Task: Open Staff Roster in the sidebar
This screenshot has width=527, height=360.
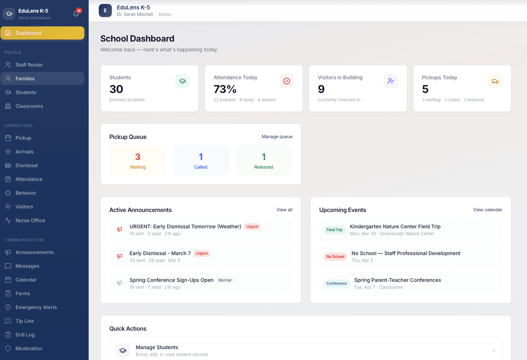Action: tap(29, 65)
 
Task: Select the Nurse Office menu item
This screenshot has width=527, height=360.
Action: tap(30, 220)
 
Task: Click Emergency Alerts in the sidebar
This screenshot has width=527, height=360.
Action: tap(36, 307)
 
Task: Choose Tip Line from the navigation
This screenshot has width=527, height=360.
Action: tap(24, 321)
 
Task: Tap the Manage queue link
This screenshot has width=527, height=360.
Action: tap(277, 137)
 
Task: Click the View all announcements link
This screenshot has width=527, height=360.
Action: tap(284, 210)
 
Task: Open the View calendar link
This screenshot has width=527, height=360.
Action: tap(487, 210)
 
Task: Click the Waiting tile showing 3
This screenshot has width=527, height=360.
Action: tap(138, 161)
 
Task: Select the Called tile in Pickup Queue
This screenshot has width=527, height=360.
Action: tap(201, 161)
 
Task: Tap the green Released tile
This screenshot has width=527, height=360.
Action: tap(263, 161)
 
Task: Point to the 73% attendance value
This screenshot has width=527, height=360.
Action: tap(225, 89)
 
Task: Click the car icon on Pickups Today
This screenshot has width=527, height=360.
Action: tap(495, 81)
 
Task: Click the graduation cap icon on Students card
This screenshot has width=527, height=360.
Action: tap(182, 81)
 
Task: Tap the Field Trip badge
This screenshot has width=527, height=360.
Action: tap(334, 230)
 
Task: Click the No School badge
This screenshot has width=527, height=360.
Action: tap(335, 256)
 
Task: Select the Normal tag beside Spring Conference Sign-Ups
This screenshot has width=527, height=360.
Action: tap(225, 280)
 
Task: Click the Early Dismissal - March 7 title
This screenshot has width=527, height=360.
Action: tap(160, 253)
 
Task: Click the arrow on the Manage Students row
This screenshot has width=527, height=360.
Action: tap(493, 351)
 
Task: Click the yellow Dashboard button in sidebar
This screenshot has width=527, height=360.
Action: tap(42, 33)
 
